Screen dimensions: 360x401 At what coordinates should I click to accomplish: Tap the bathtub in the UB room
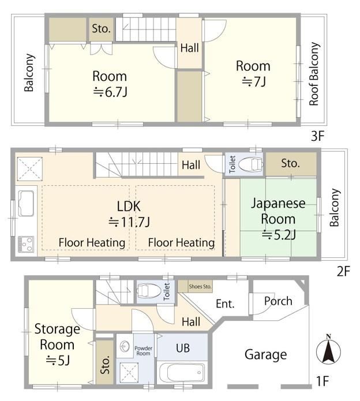coord(182,372)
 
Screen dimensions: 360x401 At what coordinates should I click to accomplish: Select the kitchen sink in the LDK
coord(26,203)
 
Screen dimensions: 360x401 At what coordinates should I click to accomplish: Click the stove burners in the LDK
coord(26,244)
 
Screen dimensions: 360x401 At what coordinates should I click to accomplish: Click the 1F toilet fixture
coord(149,290)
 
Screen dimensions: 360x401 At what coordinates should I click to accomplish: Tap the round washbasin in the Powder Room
coord(125,346)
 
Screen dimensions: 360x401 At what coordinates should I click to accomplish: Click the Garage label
coord(265,355)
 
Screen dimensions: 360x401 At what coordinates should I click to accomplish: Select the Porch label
coord(278,301)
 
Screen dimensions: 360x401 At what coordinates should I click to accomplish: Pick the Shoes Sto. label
coord(200,286)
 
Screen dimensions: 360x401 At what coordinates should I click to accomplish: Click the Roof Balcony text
coord(314,74)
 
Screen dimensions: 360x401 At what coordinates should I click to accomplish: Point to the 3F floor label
coord(317,136)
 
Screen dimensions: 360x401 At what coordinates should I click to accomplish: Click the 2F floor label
coord(343,271)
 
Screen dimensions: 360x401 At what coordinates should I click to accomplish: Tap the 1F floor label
coord(322,381)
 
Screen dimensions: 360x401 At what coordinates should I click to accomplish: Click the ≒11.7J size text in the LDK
coord(129,222)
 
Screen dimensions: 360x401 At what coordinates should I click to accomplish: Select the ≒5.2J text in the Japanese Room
coord(279,234)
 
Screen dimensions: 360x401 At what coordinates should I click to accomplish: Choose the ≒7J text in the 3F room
coord(254,82)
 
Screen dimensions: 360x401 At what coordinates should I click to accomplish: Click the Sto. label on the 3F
coord(102,28)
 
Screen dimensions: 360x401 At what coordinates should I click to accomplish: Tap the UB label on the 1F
coord(183,348)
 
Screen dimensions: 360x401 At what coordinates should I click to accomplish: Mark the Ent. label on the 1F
coord(225,304)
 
